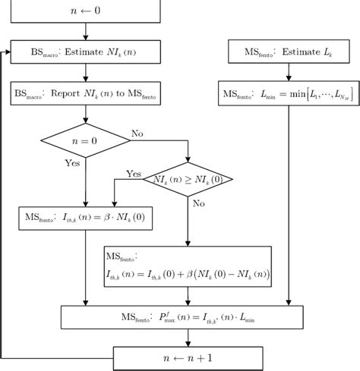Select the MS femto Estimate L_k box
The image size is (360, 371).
(286, 52)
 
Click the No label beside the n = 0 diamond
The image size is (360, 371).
(137, 134)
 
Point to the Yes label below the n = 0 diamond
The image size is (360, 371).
(73, 162)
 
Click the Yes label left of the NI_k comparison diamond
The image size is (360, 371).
(134, 174)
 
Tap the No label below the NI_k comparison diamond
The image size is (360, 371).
(198, 203)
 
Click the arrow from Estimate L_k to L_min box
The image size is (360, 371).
(286, 73)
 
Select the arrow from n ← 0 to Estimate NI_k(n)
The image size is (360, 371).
(87, 33)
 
